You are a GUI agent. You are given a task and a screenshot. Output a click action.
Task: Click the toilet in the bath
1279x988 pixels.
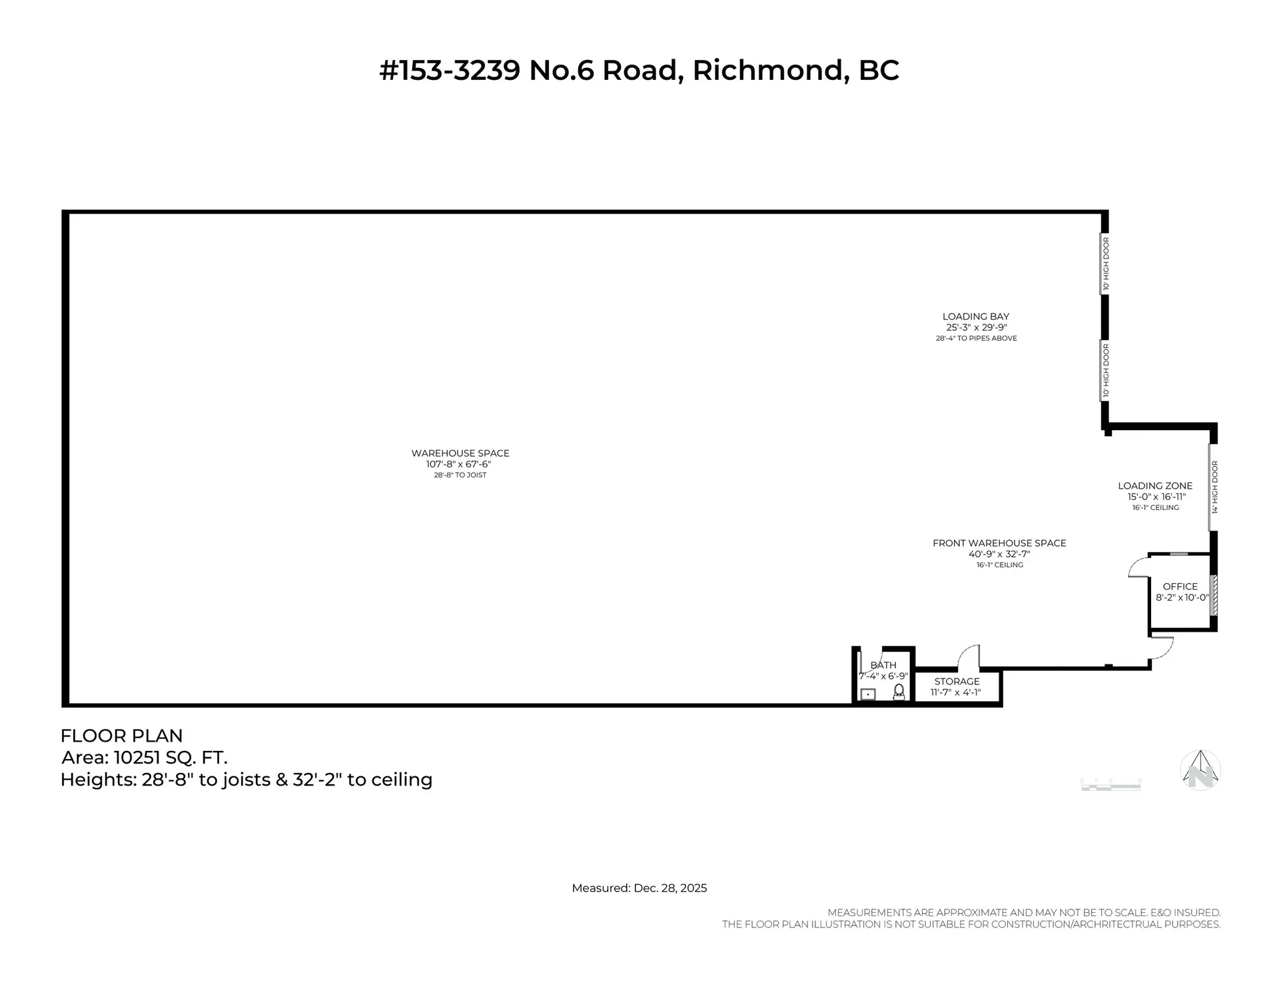899,692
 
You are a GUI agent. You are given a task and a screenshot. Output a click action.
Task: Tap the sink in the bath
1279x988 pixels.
868,694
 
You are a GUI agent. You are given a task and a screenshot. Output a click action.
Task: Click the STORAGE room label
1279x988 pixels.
957,681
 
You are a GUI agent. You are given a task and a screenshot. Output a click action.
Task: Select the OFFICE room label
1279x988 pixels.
1180,587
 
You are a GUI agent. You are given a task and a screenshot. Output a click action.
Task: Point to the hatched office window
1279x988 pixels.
1214,595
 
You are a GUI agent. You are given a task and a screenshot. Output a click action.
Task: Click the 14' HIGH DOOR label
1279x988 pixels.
1215,487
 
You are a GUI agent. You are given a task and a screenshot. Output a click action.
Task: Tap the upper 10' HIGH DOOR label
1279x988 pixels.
1106,264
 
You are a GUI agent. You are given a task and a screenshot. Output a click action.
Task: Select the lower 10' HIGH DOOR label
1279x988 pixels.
1106,370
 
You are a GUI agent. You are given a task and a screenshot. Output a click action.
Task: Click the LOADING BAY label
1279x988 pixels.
975,316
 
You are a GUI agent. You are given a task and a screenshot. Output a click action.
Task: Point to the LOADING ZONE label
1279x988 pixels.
1155,486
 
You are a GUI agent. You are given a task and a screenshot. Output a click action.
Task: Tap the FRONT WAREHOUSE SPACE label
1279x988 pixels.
999,543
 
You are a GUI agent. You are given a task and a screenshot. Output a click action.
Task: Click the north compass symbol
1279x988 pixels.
1200,770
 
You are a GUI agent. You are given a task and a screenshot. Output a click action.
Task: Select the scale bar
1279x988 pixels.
1110,785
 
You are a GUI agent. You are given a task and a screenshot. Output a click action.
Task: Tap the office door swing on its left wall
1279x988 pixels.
1138,567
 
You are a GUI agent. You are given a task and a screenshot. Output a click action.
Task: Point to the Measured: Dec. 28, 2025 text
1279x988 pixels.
639,888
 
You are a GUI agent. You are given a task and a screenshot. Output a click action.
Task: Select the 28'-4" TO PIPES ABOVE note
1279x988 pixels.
976,338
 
